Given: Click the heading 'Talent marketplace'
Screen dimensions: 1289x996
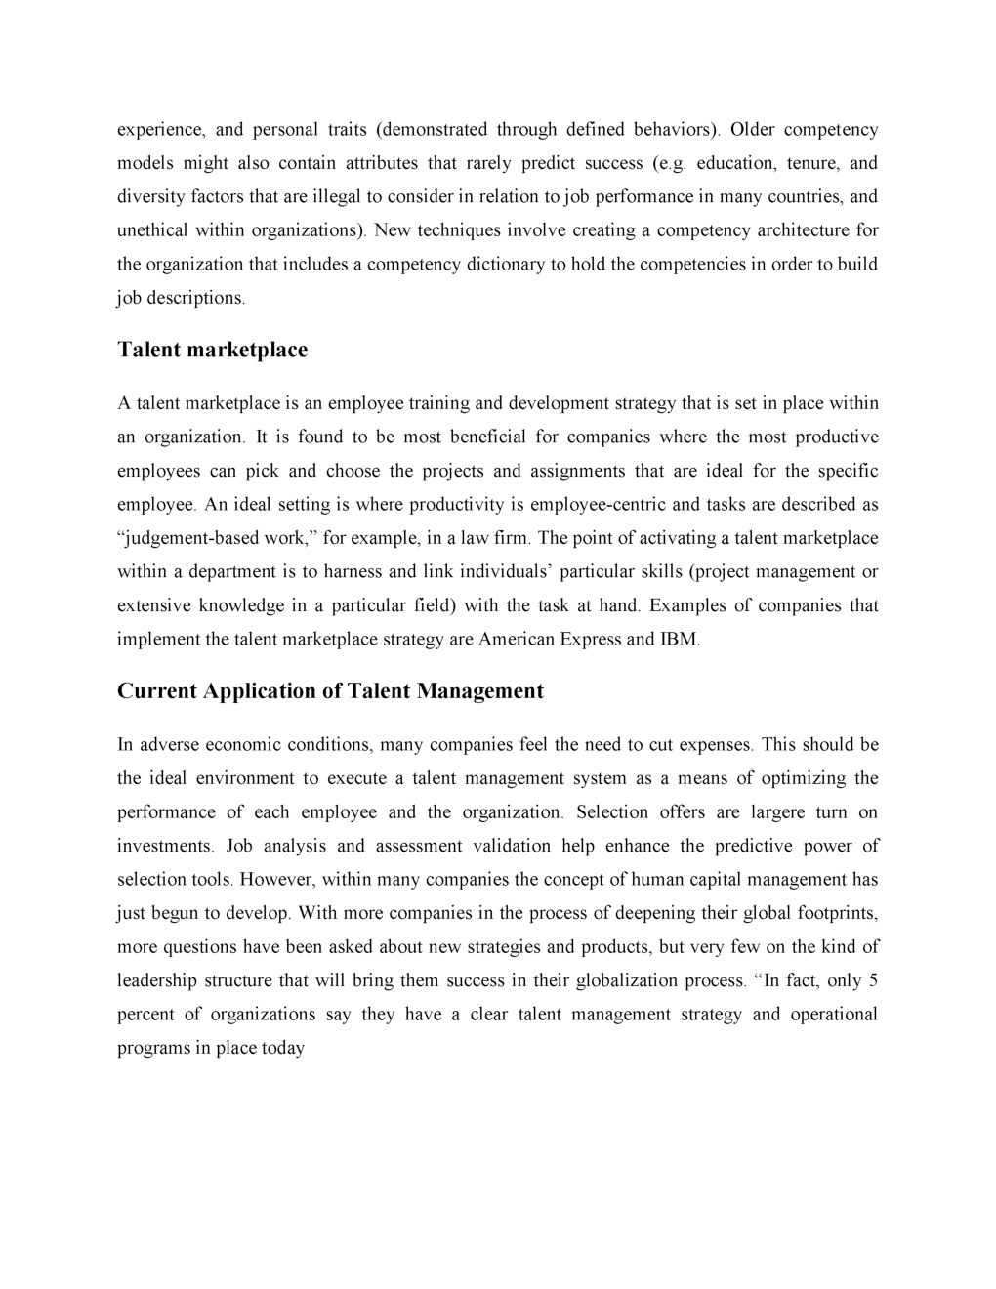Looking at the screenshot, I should pos(212,351).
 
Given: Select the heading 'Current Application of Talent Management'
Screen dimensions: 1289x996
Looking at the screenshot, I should pos(330,691).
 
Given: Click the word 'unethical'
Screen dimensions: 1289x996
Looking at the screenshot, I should pos(153,230).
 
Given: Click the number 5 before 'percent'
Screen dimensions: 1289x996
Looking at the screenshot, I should pos(873,980).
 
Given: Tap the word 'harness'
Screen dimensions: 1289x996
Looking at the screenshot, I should pos(353,572).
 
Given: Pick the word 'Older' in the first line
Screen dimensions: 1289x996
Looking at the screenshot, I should pos(752,129).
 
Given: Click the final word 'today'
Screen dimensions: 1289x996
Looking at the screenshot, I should pos(283,1049).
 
